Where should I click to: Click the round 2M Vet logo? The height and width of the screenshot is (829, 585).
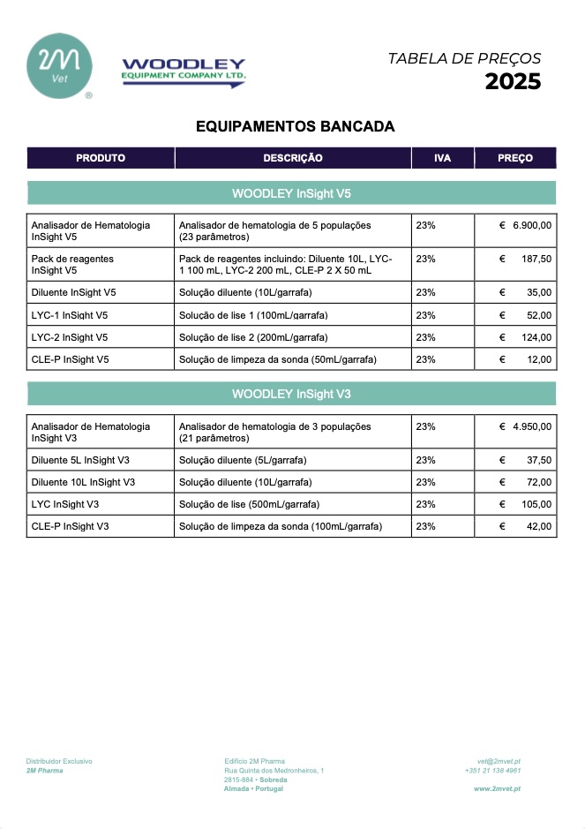tap(59, 65)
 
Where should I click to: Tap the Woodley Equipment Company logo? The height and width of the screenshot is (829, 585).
tap(184, 70)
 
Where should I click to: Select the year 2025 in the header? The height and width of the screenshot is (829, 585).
tap(513, 82)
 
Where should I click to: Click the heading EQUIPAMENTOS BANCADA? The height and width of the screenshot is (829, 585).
tap(295, 127)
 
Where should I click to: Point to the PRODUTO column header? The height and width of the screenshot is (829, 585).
tap(101, 158)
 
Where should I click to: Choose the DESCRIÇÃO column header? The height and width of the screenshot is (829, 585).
tap(293, 158)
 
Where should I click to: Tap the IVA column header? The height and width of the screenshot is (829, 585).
tap(442, 158)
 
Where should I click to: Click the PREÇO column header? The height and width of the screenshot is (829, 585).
tap(515, 158)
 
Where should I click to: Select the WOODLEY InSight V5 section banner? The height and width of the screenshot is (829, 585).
tap(291, 192)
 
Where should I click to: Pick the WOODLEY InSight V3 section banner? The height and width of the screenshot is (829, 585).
tap(291, 394)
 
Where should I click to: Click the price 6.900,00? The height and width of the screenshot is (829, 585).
tap(532, 225)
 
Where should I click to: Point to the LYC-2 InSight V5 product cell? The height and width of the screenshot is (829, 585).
tap(70, 337)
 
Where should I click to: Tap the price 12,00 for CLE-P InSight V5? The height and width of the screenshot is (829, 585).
tap(539, 359)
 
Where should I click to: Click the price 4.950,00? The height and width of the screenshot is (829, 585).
tap(532, 426)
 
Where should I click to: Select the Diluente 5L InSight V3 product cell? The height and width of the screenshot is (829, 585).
tap(80, 460)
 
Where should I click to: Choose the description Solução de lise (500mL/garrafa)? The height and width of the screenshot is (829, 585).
tap(249, 504)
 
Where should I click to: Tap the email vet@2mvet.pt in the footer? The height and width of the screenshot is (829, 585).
tap(499, 761)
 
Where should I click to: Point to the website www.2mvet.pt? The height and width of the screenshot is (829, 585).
tap(497, 788)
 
